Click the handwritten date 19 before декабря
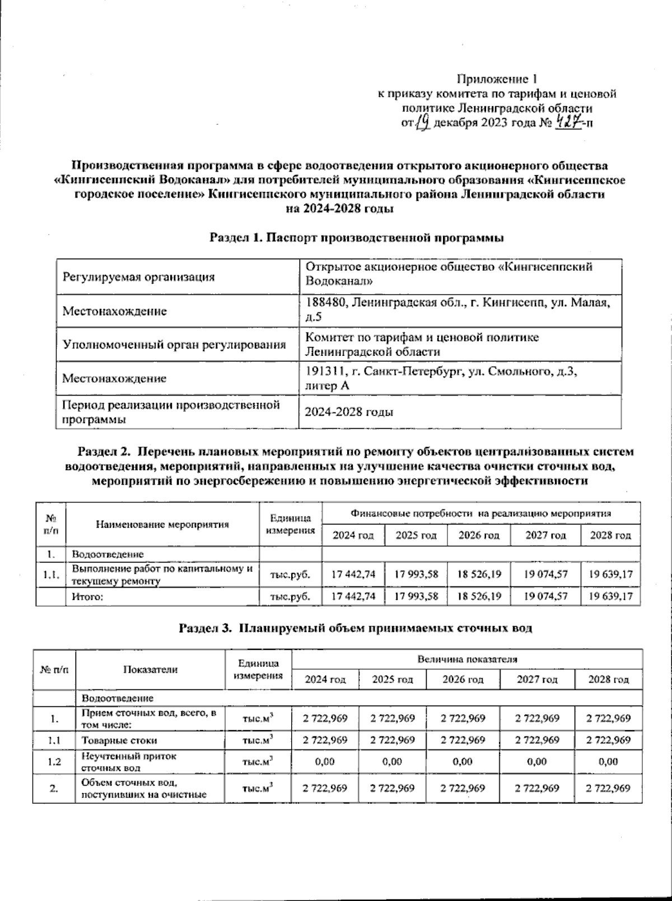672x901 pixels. point(424,122)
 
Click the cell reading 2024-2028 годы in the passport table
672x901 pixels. point(348,412)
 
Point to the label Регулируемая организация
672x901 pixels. point(138,277)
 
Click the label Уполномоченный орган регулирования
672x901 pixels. point(174,345)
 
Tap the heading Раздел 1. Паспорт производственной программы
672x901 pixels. point(357,238)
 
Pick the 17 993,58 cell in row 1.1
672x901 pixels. point(416,574)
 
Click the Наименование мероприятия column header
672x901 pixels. point(162,524)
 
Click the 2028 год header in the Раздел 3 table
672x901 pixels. point(608,680)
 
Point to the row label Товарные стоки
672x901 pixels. point(111,740)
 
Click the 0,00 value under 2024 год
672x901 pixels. point(325,762)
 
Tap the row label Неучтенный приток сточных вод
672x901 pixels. point(129,762)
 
